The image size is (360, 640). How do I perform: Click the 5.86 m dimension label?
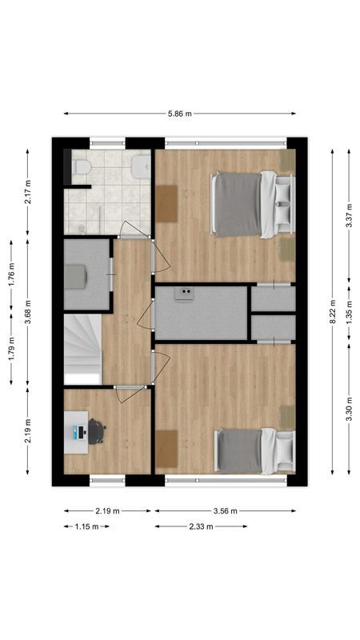click(x=180, y=114)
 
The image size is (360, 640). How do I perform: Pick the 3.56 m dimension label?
click(x=225, y=510)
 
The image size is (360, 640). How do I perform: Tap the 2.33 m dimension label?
click(x=201, y=526)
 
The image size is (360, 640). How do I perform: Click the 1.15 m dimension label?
click(x=86, y=526)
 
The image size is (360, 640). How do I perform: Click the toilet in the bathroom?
click(x=81, y=167)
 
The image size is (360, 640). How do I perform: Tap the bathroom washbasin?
click(x=140, y=166)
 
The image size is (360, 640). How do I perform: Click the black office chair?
click(x=96, y=432)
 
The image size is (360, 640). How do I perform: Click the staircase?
click(x=82, y=344)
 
